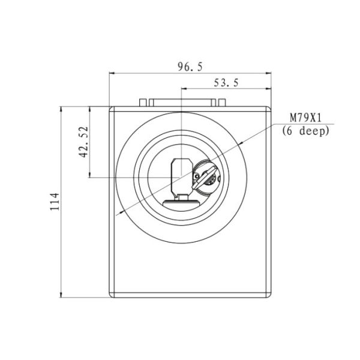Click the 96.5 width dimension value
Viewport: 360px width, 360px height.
point(190,67)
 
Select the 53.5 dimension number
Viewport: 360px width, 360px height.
point(226,83)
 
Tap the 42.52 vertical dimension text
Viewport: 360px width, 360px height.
point(83,142)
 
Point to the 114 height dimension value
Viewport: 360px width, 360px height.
point(55,202)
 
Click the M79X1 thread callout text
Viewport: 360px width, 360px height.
point(305,118)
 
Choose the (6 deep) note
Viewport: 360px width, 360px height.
point(305,131)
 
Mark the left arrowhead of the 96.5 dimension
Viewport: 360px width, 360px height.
point(112,73)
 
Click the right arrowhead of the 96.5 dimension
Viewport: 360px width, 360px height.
point(268,73)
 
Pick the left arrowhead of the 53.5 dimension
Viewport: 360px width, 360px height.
point(184,88)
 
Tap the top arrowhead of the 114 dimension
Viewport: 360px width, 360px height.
point(61,109)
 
